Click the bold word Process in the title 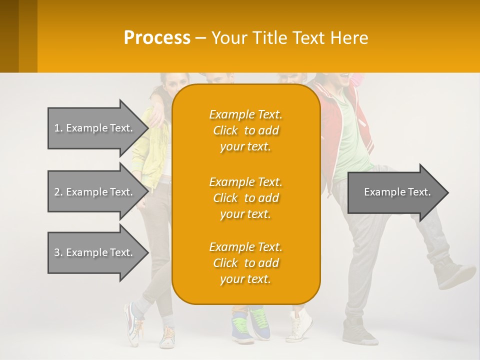[157, 37]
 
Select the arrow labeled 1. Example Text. [95, 128]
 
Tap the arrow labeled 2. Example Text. [95, 192]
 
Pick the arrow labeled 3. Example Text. [95, 252]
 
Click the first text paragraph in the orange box [245, 130]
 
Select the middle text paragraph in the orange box [245, 198]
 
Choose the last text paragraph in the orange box [245, 263]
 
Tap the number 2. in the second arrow [58, 192]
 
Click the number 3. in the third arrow [58, 252]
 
